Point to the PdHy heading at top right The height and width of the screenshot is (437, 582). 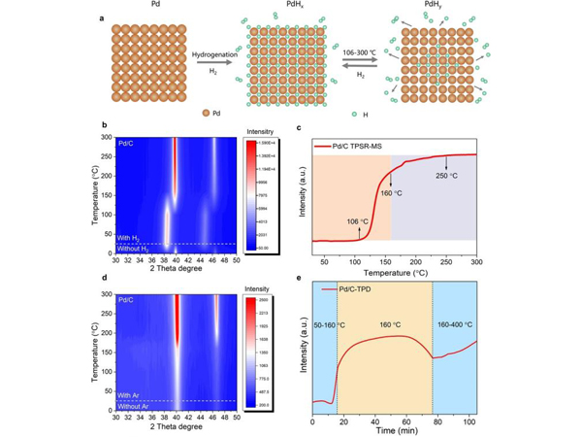point(428,6)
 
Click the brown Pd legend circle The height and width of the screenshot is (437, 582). point(205,113)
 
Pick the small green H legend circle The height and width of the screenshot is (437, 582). point(354,113)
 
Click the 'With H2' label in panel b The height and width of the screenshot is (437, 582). point(130,236)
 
